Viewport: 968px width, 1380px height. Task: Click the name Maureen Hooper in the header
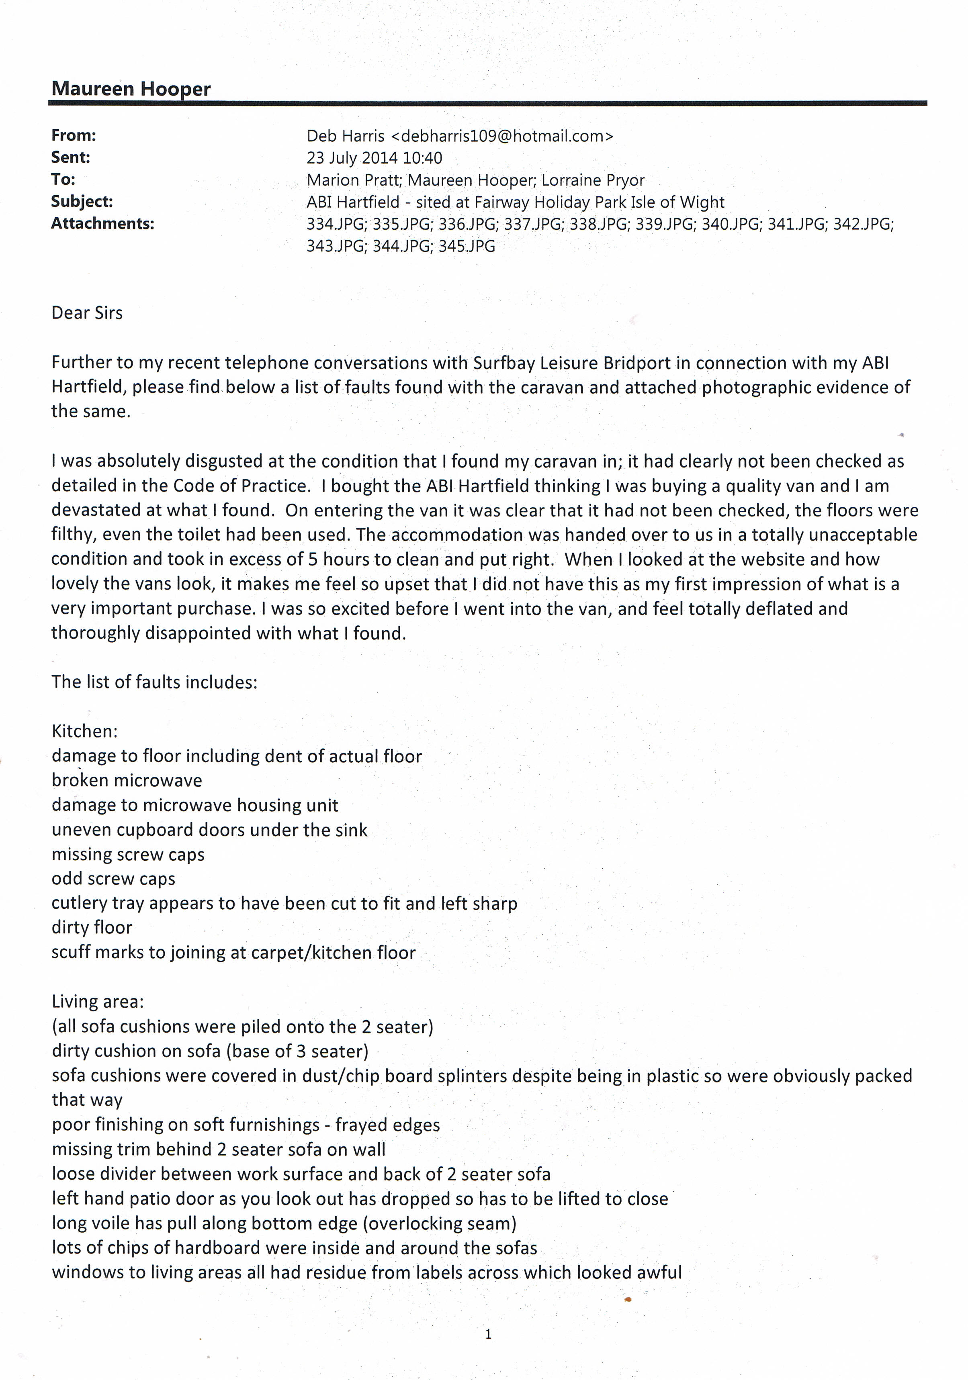[x=131, y=89]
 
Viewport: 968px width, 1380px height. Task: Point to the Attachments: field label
[x=102, y=224]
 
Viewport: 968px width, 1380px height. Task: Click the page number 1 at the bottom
[x=488, y=1334]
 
